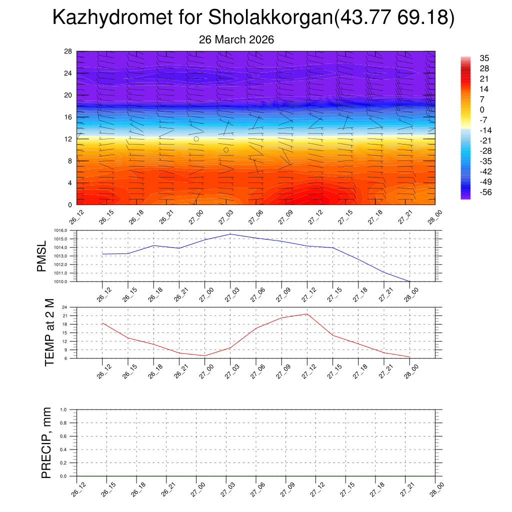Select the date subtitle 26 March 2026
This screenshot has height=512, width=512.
[236, 39]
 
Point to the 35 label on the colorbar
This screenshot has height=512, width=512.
[484, 58]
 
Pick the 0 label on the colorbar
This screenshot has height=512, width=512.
[482, 110]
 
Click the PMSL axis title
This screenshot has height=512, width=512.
[41, 256]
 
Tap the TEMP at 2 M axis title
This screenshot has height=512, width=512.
[49, 332]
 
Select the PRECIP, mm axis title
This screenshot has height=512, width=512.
[46, 442]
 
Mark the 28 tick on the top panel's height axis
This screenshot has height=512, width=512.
[68, 51]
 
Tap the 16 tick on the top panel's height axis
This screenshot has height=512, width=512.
[68, 117]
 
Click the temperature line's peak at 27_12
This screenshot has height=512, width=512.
[306, 314]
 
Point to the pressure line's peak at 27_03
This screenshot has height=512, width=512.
[230, 234]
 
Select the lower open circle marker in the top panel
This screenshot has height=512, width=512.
[226, 150]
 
